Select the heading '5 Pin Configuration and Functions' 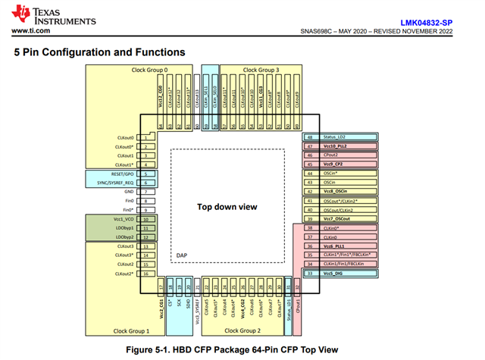pos(99,52)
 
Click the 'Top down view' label pos(227,206)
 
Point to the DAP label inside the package pos(182,255)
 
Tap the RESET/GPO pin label pos(118,174)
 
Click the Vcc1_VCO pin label pos(121,219)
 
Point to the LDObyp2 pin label pos(122,237)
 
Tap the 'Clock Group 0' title pos(149,70)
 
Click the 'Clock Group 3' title pos(261,70)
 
